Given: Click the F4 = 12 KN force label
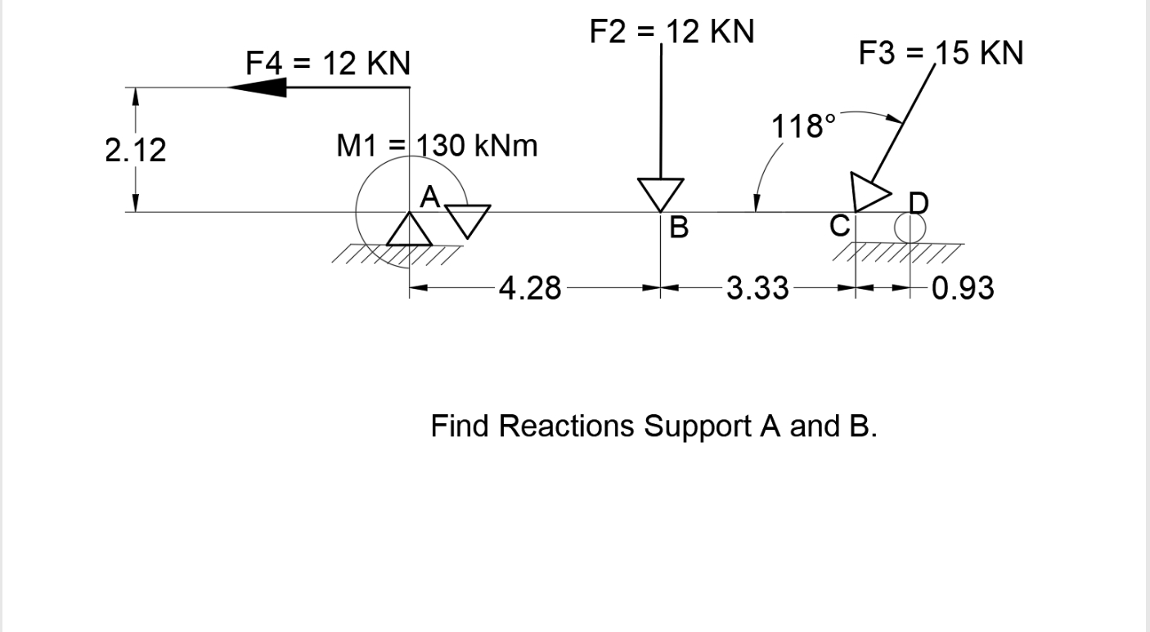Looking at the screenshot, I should [x=328, y=63].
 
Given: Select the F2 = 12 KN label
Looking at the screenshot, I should [x=672, y=33].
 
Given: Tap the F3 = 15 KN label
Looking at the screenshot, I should [x=941, y=54].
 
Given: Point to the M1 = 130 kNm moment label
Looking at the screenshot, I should [x=438, y=147].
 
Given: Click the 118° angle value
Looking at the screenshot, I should [x=804, y=127].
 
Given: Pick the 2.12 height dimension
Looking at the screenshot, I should [x=136, y=151].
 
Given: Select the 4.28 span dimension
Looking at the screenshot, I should [x=530, y=289].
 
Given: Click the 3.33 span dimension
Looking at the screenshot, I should [x=757, y=289].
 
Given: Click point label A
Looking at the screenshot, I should [x=430, y=197].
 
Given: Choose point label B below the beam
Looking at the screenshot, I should [x=678, y=228].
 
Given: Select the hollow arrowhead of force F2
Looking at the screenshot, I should [x=661, y=194].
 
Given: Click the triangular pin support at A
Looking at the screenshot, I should [x=409, y=229].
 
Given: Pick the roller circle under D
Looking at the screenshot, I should [x=908, y=228].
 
